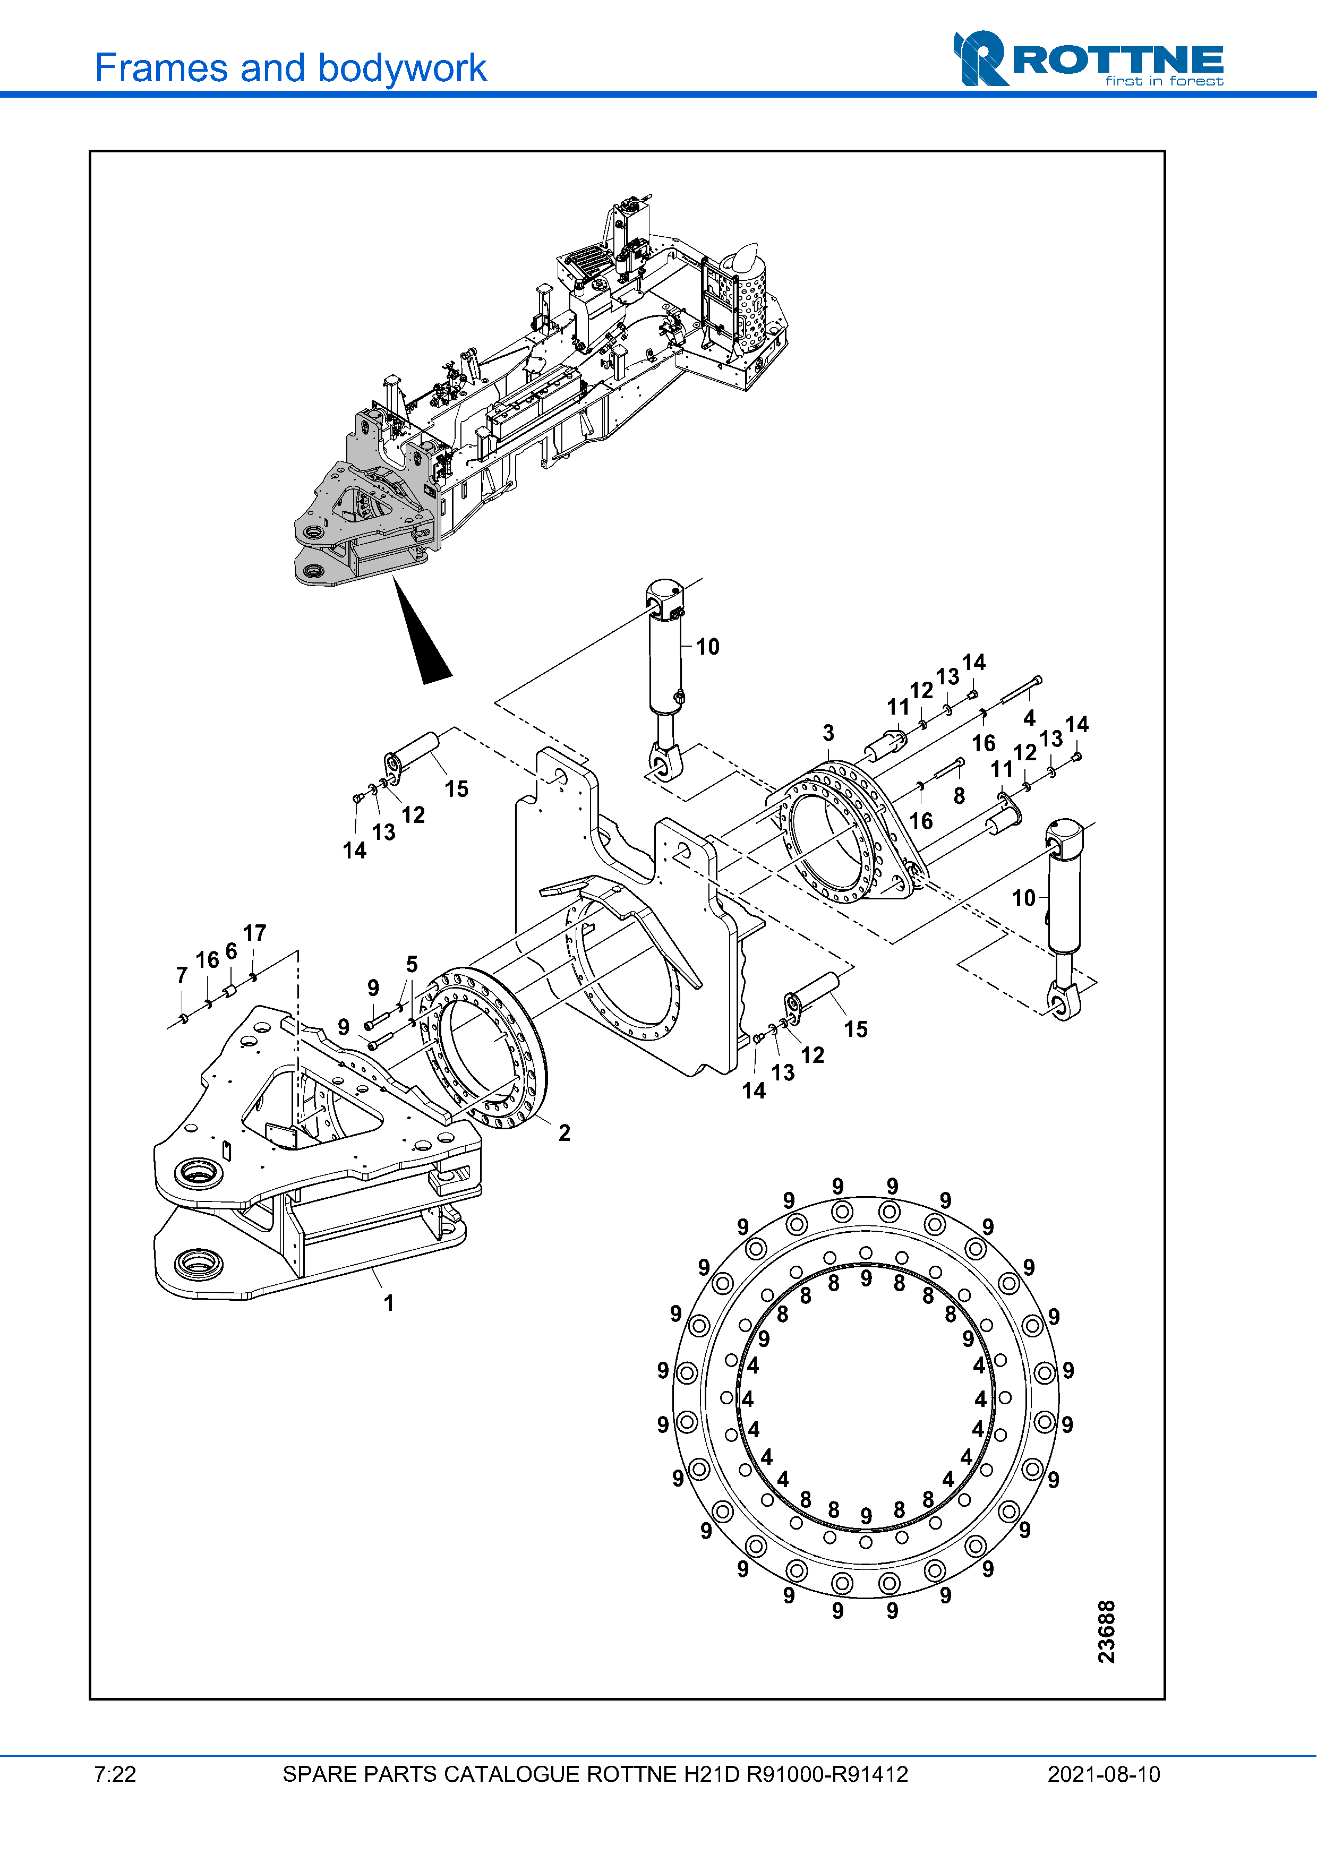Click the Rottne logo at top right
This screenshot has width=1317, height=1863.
click(1088, 58)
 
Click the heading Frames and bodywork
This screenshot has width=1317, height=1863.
click(290, 68)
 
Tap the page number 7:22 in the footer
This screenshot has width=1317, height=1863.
click(115, 1774)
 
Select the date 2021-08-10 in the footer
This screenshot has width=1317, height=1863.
click(1104, 1774)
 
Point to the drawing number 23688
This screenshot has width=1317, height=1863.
click(1107, 1632)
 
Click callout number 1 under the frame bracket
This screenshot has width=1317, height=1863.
click(389, 1303)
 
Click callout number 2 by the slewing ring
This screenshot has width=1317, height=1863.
click(564, 1133)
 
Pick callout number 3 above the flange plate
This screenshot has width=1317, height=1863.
click(828, 733)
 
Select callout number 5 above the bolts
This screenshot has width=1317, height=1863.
click(412, 964)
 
